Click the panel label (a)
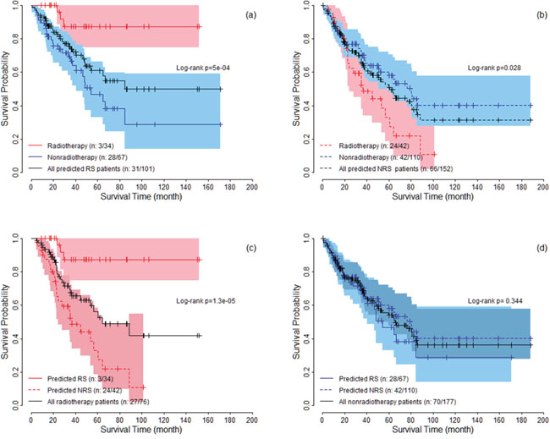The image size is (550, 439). coord(240,16)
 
